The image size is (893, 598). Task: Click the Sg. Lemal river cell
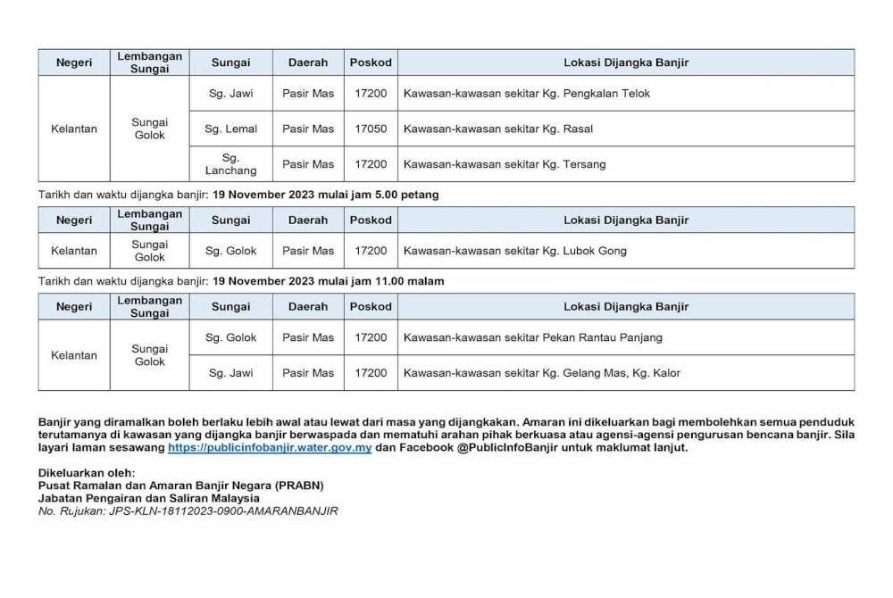pos(230,129)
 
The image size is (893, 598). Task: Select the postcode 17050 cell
pos(371,129)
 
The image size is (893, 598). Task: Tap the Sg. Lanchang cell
pos(230,164)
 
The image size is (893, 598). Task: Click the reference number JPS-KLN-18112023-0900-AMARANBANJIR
pos(223,511)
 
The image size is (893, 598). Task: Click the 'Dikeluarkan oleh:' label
pos(87,472)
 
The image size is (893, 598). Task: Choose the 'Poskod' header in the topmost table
pos(371,62)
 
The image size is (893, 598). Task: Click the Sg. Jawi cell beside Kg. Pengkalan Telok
pos(230,93)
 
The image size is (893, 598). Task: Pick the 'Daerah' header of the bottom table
pos(308,306)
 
